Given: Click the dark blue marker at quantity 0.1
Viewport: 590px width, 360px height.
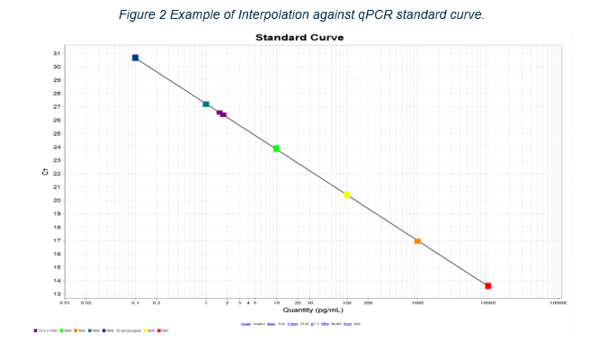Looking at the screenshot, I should pos(135,58).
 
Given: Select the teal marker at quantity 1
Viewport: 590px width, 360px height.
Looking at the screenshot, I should pos(206,104).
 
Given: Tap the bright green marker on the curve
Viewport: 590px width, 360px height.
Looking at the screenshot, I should pos(276,148).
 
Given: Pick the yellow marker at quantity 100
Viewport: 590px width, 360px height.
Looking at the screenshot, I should pos(347,194).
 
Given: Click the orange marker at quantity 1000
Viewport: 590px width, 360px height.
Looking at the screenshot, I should pos(417,241).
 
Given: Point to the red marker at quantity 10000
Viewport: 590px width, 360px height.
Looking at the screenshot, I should pos(487,285).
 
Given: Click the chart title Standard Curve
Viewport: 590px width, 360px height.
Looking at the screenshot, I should pos(299,38).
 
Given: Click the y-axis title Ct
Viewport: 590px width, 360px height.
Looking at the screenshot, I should pos(45,171).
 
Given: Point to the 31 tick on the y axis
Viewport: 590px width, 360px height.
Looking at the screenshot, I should pos(57,54).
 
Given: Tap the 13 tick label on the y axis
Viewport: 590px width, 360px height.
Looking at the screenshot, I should pos(57,294).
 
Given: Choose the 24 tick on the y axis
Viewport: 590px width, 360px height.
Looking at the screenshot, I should pos(57,148).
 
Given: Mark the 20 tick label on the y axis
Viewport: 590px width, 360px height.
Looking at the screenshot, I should pos(57,201).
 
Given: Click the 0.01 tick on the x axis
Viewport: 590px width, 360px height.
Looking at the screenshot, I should pos(66,303).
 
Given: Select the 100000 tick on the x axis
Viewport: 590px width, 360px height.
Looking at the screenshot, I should pos(558,303).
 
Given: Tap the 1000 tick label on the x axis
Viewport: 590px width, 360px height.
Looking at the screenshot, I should pos(417,303).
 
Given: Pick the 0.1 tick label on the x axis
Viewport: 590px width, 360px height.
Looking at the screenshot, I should pos(135,303).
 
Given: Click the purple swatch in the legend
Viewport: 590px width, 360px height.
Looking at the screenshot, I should pos(35,330).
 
